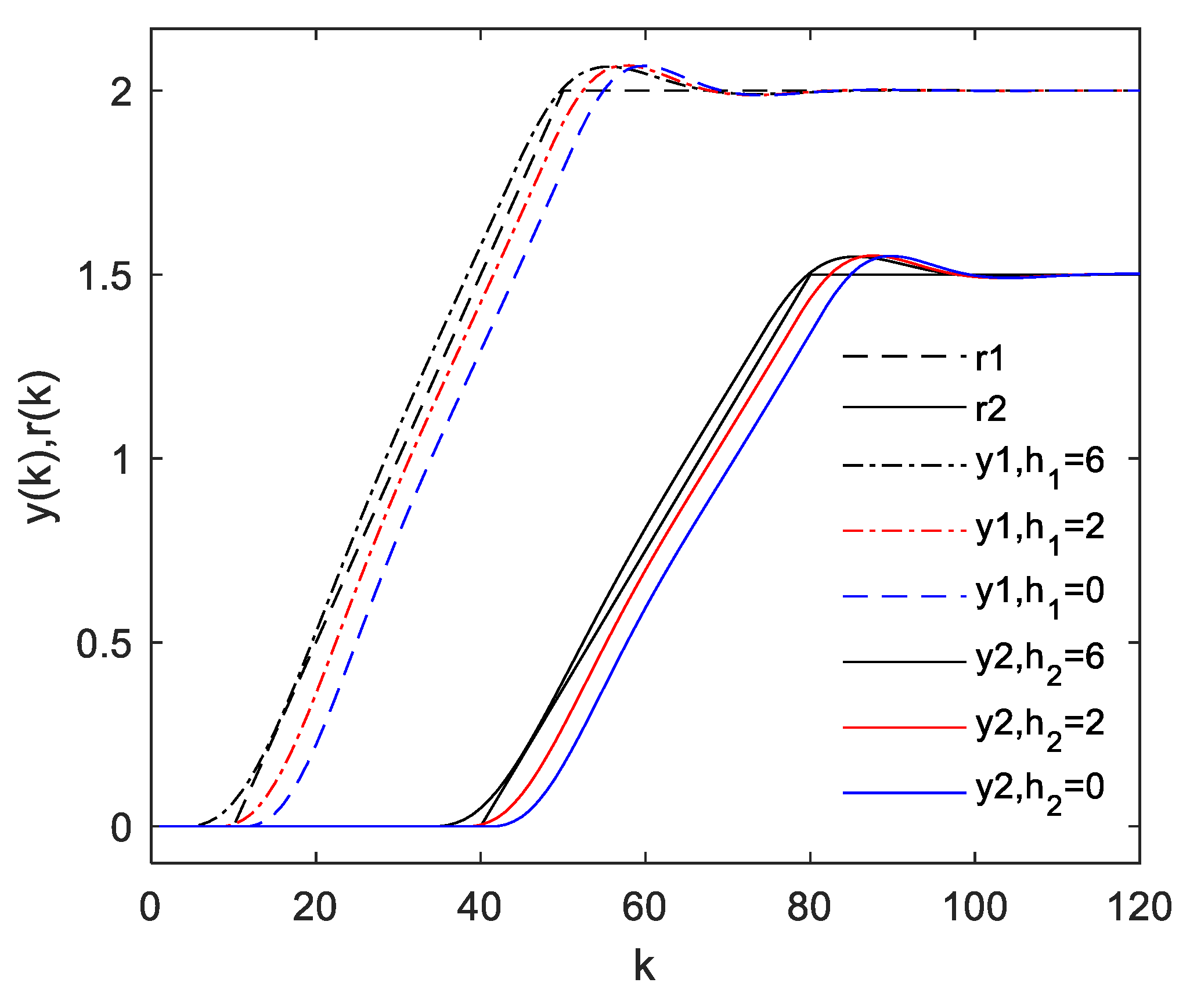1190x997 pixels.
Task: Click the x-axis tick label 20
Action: point(315,908)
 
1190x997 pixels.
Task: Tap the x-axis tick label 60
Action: point(644,908)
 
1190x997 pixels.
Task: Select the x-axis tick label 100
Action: point(975,908)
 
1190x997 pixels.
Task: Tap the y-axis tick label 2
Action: point(121,92)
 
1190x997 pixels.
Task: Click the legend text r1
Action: point(990,358)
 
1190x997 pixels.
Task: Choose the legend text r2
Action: point(990,409)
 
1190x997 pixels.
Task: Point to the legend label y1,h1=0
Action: point(1039,595)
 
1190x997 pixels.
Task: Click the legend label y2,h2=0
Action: point(1039,791)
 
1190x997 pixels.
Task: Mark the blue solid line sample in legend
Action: point(904,793)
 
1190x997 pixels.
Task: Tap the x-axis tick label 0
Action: point(150,908)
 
